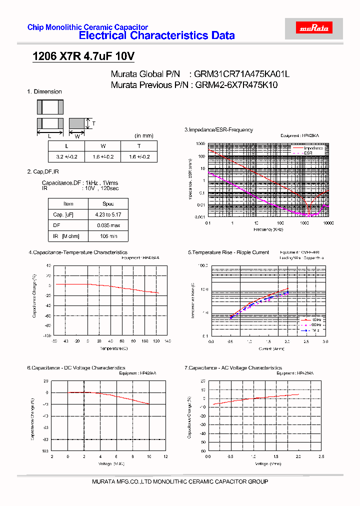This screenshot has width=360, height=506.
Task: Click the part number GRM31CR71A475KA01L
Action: [x=242, y=74]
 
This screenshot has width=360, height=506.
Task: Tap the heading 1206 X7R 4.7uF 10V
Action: [x=83, y=56]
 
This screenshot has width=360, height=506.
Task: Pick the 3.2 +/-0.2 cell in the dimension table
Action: [x=66, y=157]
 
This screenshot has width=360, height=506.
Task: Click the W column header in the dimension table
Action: [x=103, y=146]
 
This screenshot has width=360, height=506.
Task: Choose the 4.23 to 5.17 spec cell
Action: [x=108, y=214]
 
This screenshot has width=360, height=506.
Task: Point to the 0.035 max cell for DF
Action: [x=108, y=225]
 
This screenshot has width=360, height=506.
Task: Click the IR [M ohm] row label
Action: [x=68, y=236]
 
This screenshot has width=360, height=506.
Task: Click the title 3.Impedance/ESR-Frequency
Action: [x=218, y=130]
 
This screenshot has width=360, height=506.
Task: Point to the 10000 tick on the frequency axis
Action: [x=328, y=223]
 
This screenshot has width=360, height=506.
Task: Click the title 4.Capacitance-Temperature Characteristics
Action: [x=78, y=252]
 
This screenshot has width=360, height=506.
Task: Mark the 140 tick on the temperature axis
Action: [x=167, y=341]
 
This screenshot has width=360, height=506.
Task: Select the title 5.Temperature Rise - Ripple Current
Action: [x=228, y=252]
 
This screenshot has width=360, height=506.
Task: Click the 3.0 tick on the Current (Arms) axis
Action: [x=325, y=341]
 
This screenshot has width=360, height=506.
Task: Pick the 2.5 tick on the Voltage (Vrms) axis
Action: [x=321, y=457]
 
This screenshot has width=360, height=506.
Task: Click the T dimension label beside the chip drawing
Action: [x=93, y=123]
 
